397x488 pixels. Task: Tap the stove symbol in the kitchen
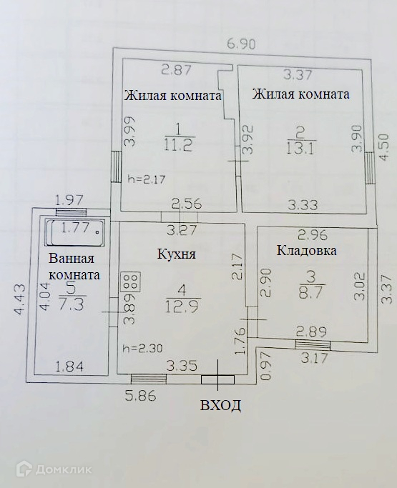pyautogui.click(x=131, y=282)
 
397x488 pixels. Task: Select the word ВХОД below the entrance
pyautogui.click(x=220, y=405)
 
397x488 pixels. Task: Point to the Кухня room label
pyautogui.click(x=177, y=254)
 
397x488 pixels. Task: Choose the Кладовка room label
pyautogui.click(x=307, y=250)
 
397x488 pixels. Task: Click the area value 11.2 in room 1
pyautogui.click(x=179, y=145)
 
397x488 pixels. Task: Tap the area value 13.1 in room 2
pyautogui.click(x=300, y=149)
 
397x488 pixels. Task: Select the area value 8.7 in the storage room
pyautogui.click(x=312, y=293)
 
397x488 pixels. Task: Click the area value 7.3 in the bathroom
pyautogui.click(x=71, y=305)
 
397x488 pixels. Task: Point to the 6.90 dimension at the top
pyautogui.click(x=240, y=44)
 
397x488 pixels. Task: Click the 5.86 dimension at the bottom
pyautogui.click(x=140, y=397)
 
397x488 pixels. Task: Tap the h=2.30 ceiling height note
pyautogui.click(x=143, y=348)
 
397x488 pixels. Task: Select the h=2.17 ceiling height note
pyautogui.click(x=147, y=179)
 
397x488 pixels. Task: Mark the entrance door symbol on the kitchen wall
pyautogui.click(x=217, y=379)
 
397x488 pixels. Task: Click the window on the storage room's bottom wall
pyautogui.click(x=313, y=345)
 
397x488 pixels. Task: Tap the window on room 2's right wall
pyautogui.click(x=370, y=168)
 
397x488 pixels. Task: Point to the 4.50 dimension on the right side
pyautogui.click(x=385, y=147)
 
